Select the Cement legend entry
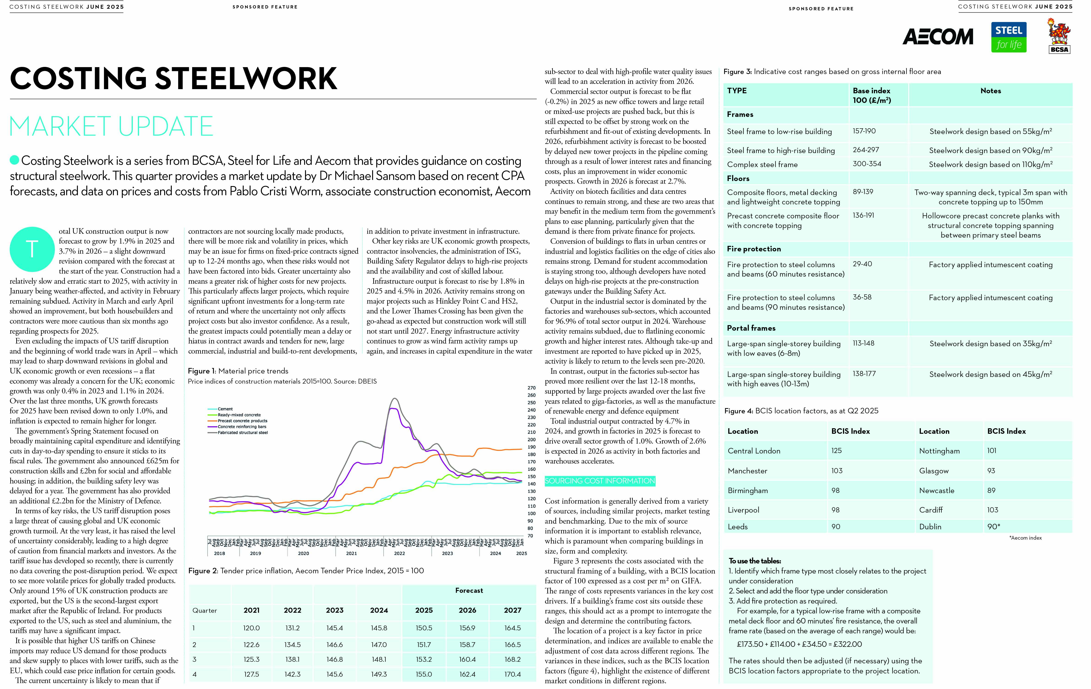click(225, 409)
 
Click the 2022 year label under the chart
click(399, 553)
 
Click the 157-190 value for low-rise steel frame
click(864, 131)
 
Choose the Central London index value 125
click(836, 450)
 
